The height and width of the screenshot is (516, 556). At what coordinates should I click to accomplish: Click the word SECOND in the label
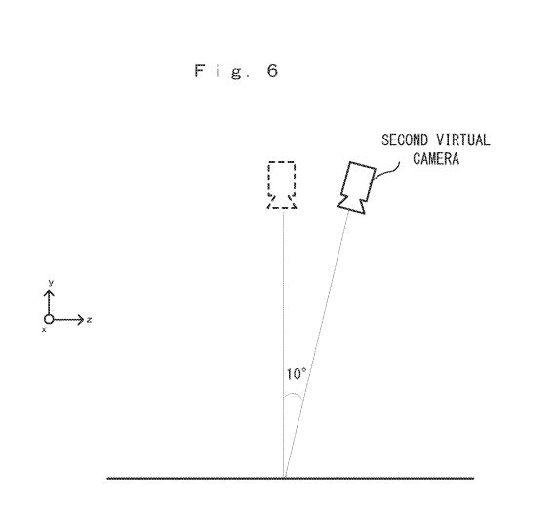[x=405, y=139]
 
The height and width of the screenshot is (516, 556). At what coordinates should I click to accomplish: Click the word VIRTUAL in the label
[x=463, y=139]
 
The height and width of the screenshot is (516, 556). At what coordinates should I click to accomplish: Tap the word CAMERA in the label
[x=436, y=158]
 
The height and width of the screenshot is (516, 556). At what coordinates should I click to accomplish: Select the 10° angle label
[x=297, y=374]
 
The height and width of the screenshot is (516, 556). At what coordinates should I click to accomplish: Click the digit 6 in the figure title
[x=272, y=71]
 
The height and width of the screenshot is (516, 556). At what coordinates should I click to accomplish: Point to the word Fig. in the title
[x=222, y=71]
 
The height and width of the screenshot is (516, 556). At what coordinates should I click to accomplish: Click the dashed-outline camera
[x=282, y=184]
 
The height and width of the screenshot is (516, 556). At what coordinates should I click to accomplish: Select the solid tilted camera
[x=356, y=187]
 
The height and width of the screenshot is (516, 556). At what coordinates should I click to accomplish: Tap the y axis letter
[x=51, y=283]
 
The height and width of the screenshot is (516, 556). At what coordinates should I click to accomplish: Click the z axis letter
[x=90, y=320]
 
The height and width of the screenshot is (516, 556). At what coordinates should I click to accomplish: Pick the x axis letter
[x=44, y=330]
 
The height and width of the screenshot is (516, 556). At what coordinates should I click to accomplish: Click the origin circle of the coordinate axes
[x=49, y=319]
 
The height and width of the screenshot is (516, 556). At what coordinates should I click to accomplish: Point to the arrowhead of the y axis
[x=49, y=293]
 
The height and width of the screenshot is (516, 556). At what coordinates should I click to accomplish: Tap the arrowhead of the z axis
[x=81, y=320]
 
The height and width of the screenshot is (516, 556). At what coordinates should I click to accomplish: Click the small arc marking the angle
[x=295, y=395]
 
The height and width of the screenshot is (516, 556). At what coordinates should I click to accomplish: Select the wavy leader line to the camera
[x=387, y=171]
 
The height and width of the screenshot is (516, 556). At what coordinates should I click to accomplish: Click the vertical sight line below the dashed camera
[x=283, y=343]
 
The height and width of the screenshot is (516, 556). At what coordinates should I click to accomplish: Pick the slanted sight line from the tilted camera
[x=317, y=344]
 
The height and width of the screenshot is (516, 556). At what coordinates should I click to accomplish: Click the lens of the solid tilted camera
[x=351, y=205]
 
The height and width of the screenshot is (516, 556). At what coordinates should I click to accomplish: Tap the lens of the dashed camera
[x=282, y=202]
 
